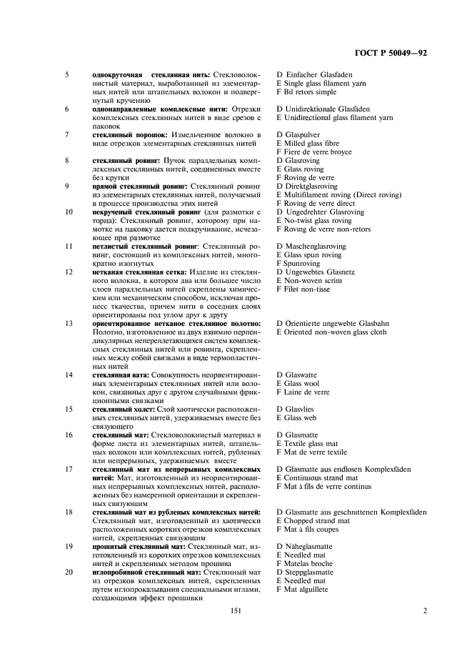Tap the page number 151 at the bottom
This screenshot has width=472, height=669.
pyautogui.click(x=236, y=611)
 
